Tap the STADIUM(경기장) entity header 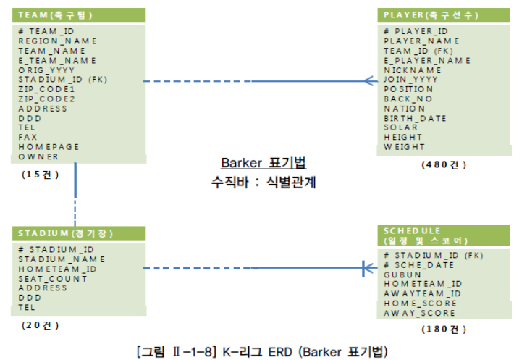tap(65, 233)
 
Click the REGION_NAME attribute tap(57, 41)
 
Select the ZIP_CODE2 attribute tap(46, 99)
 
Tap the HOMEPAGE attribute tap(49, 146)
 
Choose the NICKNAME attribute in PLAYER tap(412, 70)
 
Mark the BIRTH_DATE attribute tap(415, 118)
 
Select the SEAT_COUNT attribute tap(52, 278)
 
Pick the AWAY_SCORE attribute tap(419, 313)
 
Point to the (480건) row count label tap(444, 164)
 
